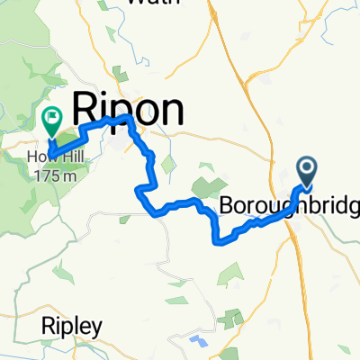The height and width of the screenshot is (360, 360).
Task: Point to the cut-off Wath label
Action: [x=148, y=3]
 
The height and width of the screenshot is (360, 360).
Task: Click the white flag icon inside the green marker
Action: [x=50, y=115]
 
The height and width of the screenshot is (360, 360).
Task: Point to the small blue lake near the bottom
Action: [x=198, y=340]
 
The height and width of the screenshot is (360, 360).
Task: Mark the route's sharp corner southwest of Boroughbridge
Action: [x=214, y=241]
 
